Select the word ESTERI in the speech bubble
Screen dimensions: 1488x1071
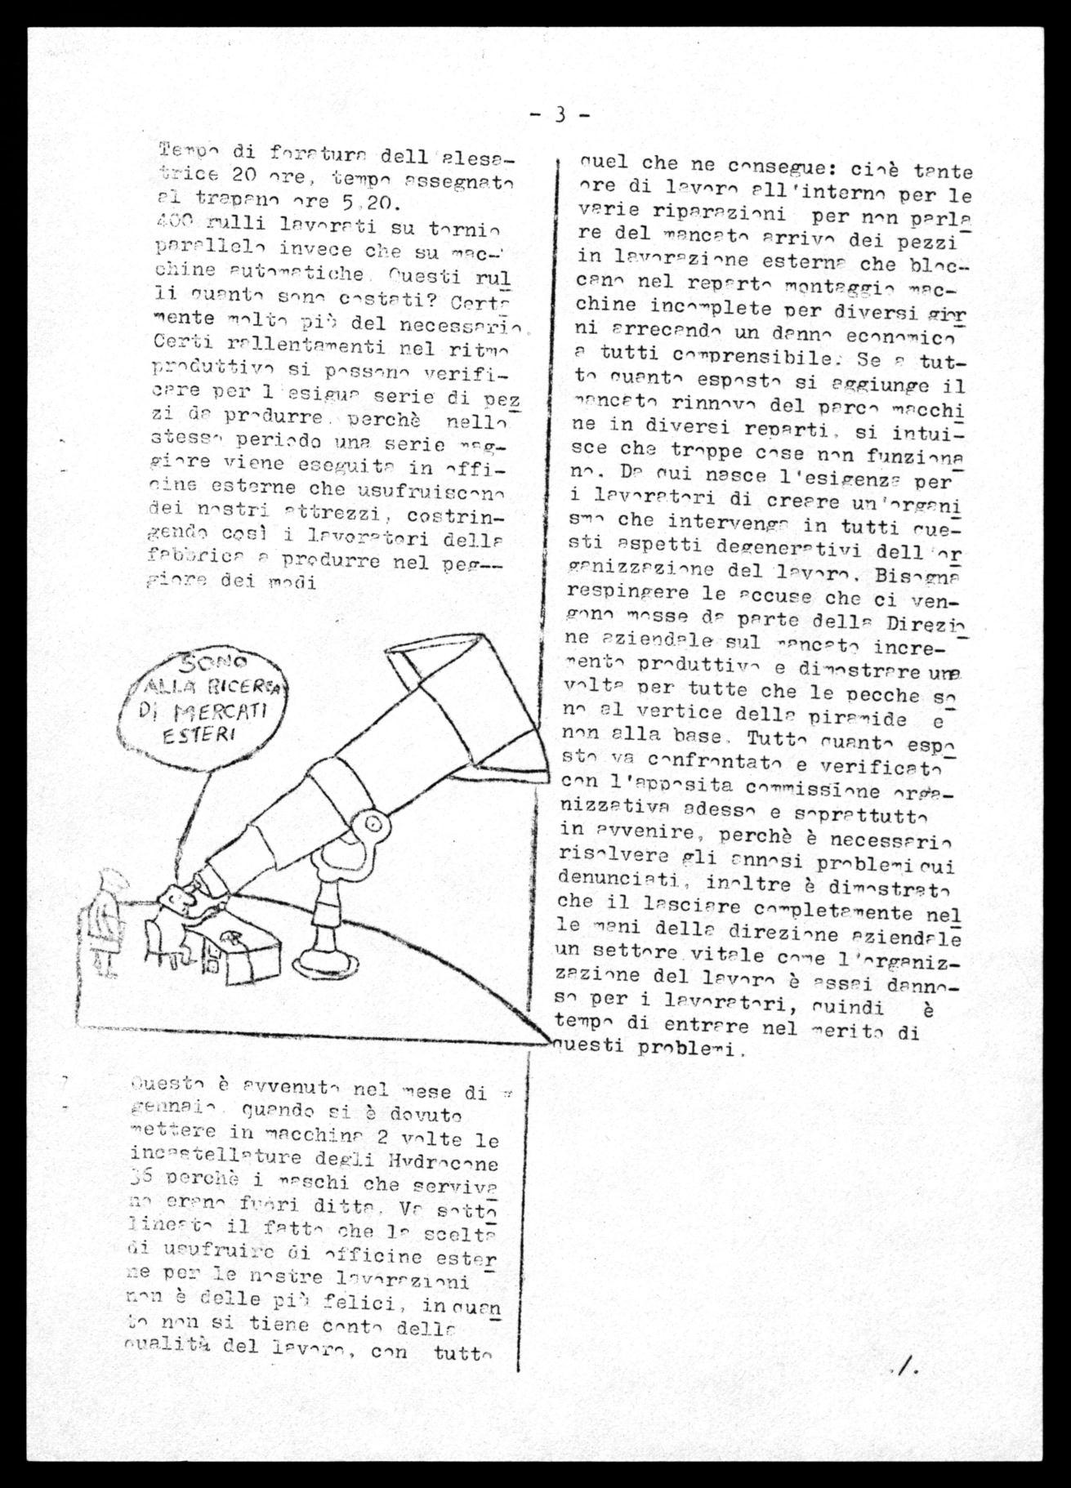tap(196, 735)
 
